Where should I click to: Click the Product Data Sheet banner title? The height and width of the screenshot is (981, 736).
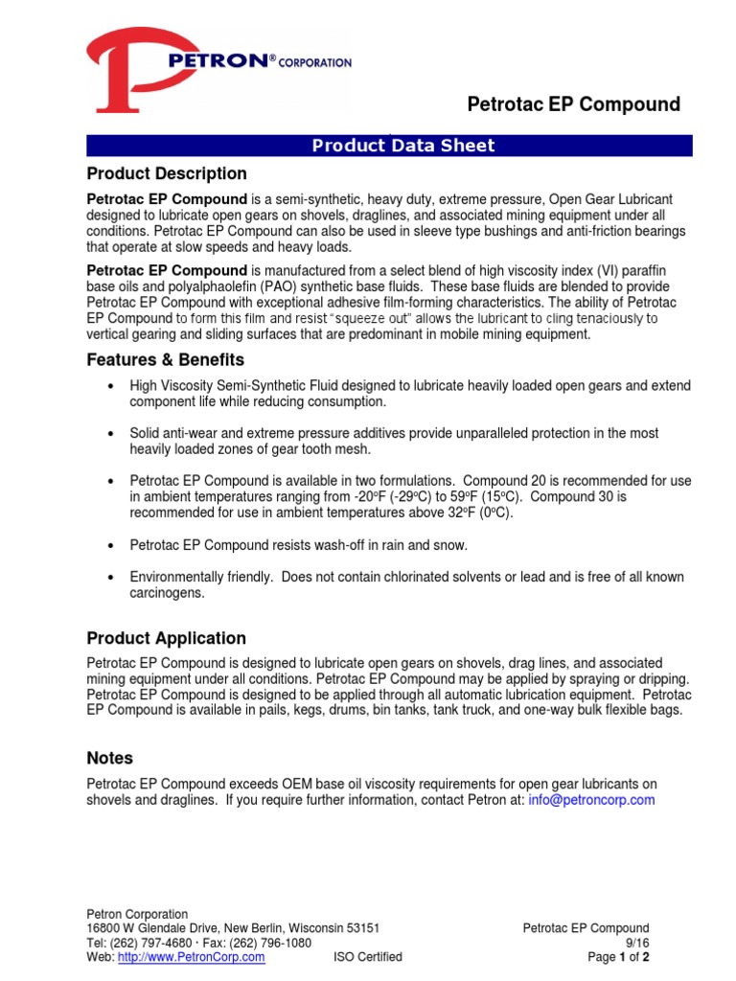[403, 146]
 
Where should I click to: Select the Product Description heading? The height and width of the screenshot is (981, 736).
[167, 173]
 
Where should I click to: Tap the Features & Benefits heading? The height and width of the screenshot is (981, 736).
[165, 360]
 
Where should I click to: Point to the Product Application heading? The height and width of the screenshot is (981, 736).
[166, 638]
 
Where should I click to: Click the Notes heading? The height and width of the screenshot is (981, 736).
[110, 758]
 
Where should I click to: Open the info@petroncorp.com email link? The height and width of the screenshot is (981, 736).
[591, 800]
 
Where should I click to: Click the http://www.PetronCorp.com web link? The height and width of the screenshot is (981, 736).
[191, 957]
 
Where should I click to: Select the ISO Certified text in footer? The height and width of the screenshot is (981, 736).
[368, 957]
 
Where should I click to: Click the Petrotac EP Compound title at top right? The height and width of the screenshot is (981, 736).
[573, 104]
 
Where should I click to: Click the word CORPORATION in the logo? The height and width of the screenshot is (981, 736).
[317, 62]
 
